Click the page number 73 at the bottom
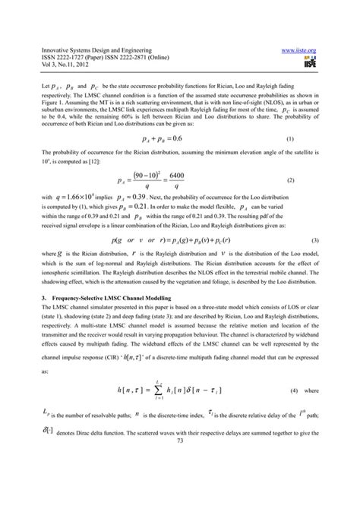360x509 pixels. (x=180, y=484)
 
